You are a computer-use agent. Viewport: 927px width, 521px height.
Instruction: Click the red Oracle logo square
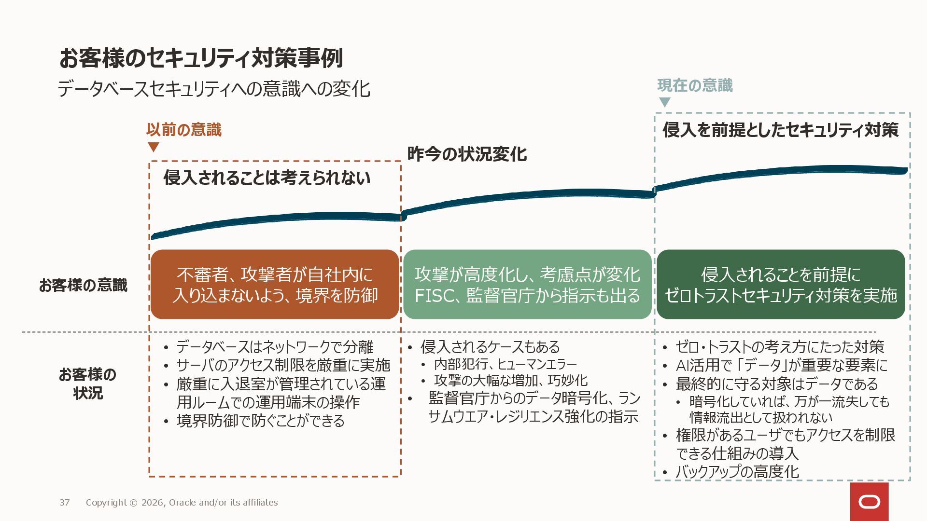[869, 502]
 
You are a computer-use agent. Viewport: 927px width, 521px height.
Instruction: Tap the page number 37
[65, 503]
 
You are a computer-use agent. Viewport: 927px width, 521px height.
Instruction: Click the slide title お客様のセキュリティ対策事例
[201, 58]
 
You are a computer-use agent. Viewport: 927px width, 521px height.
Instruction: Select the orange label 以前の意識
[184, 130]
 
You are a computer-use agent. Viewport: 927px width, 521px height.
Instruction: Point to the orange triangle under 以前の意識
[154, 147]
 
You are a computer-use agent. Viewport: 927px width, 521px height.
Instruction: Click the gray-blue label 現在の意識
[695, 85]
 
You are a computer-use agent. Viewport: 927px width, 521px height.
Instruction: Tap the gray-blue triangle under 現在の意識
[665, 102]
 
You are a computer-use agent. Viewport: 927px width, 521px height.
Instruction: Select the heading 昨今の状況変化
[467, 154]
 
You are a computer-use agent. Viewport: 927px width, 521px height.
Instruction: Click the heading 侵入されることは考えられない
[267, 178]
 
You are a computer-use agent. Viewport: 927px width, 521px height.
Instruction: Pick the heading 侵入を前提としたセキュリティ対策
[780, 130]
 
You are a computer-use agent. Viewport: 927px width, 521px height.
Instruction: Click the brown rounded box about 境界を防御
[275, 285]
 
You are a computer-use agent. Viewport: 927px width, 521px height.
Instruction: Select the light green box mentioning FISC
[527, 285]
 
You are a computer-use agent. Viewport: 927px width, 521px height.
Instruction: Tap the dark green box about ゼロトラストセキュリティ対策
[781, 285]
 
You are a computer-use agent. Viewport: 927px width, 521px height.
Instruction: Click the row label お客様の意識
[83, 285]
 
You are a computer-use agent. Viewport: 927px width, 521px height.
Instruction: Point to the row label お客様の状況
[87, 384]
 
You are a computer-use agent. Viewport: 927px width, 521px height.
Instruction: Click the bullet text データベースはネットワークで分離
[275, 347]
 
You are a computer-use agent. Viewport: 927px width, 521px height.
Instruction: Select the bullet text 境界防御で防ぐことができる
[261, 421]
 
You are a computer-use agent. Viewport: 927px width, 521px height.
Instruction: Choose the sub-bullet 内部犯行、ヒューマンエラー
[506, 364]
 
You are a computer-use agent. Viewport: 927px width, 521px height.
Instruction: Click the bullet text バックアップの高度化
[737, 471]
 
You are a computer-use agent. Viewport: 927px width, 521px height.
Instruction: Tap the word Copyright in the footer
[106, 503]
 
